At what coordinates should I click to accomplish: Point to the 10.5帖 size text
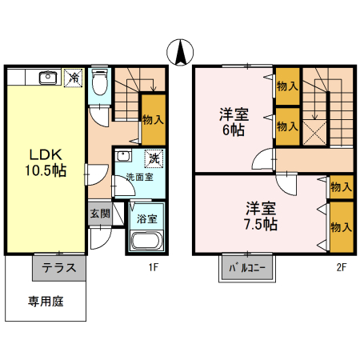click(45, 170)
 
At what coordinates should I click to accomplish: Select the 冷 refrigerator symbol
click(73, 78)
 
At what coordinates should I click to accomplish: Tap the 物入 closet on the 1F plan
click(154, 119)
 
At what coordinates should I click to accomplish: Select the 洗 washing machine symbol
click(153, 158)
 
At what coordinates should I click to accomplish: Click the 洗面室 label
click(138, 178)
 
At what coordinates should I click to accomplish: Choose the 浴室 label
click(146, 217)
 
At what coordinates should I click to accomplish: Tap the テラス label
click(58, 268)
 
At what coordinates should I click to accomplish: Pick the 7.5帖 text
click(261, 225)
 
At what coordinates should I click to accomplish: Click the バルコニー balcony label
click(247, 268)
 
